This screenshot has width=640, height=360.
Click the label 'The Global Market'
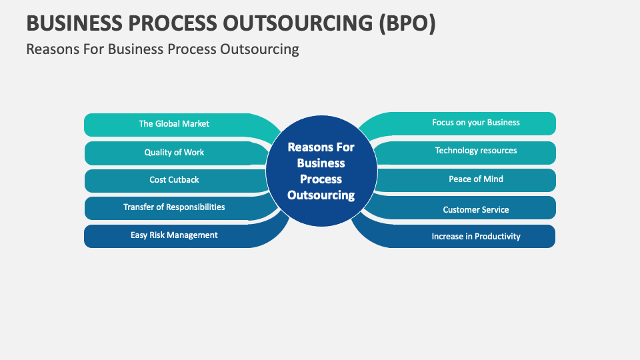(x=174, y=123)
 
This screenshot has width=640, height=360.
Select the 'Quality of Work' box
(x=174, y=152)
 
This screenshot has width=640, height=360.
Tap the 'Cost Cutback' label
(x=174, y=179)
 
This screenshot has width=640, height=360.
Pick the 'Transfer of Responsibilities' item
(x=174, y=207)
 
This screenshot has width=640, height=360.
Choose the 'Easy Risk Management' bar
(x=174, y=235)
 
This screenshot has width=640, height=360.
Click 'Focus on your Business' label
(x=475, y=123)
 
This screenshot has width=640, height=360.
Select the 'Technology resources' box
(x=475, y=151)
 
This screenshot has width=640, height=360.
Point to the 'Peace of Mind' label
(x=475, y=179)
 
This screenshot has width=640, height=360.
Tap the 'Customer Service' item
(x=475, y=209)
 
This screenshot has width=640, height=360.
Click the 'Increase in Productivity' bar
(x=475, y=236)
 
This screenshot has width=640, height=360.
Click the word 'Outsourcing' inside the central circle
(x=321, y=195)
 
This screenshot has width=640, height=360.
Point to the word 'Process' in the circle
(x=321, y=179)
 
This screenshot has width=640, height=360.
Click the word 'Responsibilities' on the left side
(x=194, y=207)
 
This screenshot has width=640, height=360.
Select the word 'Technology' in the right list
(x=458, y=151)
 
